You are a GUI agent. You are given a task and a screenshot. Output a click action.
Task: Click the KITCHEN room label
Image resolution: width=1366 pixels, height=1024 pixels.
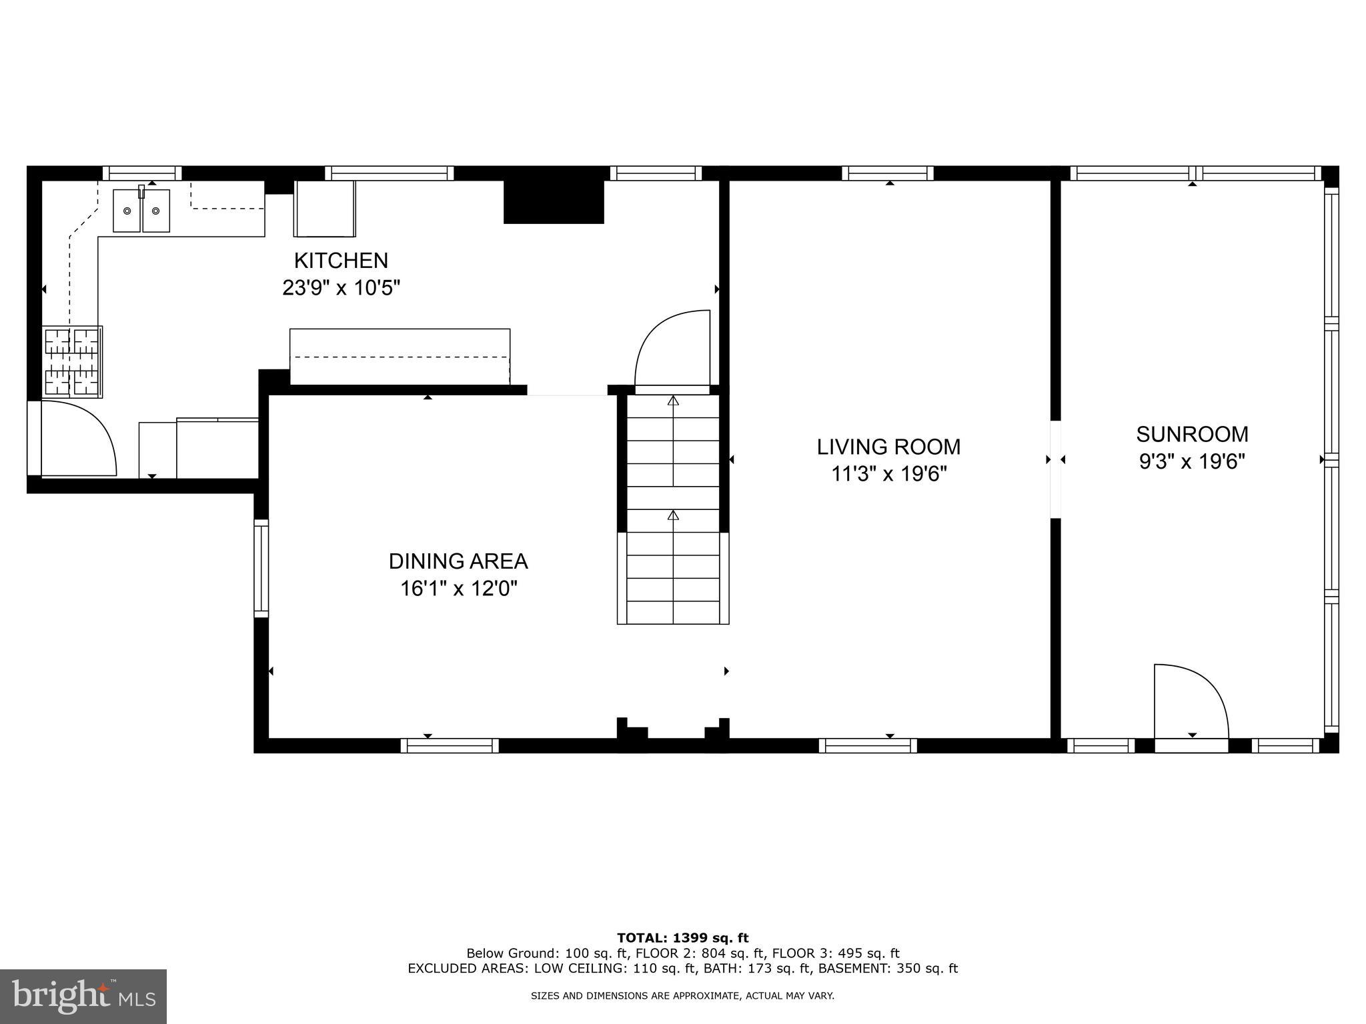(x=341, y=260)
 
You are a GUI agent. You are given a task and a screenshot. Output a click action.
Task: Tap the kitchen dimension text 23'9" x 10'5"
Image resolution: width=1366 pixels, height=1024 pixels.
(x=341, y=288)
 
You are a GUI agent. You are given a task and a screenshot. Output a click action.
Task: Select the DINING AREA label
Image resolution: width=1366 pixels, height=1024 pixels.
(x=458, y=561)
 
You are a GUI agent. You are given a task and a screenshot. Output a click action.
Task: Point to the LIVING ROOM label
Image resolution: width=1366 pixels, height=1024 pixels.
(x=888, y=447)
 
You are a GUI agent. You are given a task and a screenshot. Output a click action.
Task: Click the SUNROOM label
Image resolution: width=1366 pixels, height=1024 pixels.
(x=1192, y=434)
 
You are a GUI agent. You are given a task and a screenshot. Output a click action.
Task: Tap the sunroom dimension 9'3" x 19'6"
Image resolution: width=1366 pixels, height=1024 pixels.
(x=1192, y=461)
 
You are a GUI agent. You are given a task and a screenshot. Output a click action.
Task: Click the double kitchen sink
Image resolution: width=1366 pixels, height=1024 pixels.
(x=141, y=211)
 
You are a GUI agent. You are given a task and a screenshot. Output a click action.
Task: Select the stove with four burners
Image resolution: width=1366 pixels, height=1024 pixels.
(x=72, y=361)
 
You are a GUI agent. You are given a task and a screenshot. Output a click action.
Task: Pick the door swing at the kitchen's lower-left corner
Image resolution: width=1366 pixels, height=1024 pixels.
(x=77, y=439)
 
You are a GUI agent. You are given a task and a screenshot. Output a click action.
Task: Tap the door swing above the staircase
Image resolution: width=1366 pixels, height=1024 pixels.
(x=672, y=349)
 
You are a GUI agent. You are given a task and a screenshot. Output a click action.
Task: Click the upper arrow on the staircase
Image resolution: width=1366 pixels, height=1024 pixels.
(x=673, y=401)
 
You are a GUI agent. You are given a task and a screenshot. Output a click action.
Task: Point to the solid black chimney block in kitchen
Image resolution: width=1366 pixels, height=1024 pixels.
(x=553, y=202)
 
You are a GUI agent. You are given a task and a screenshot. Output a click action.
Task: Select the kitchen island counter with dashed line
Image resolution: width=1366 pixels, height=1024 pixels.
(x=400, y=357)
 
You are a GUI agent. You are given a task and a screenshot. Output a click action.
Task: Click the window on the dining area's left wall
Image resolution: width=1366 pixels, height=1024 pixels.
(x=261, y=568)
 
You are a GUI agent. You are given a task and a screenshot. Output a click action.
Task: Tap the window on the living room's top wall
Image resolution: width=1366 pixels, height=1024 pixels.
(x=887, y=173)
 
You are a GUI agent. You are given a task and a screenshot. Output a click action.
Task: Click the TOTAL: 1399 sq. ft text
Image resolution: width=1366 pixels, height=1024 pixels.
(x=682, y=939)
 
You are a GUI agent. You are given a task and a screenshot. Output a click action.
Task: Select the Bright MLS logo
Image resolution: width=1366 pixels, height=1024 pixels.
(x=83, y=996)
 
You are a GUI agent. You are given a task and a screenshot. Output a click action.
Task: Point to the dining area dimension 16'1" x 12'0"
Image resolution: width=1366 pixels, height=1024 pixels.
(x=458, y=589)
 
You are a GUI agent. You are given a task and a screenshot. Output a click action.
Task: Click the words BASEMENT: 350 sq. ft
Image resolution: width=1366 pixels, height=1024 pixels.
(x=888, y=968)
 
